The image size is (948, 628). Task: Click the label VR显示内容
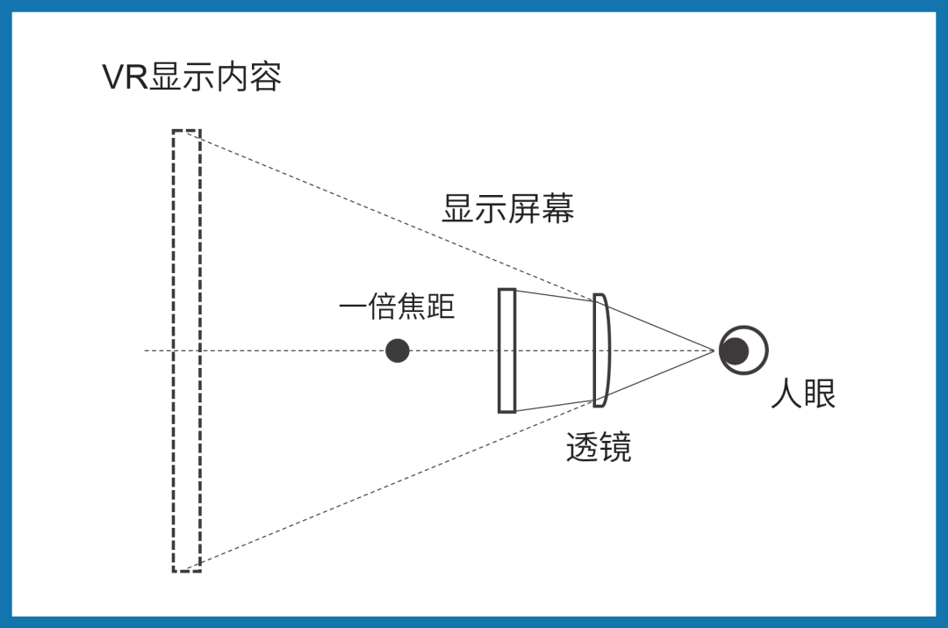pos(191,77)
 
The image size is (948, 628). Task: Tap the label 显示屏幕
pos(507,210)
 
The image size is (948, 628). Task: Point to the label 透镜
pos(599,449)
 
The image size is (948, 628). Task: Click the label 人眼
pos(803,394)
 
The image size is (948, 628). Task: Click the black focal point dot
pos(398,351)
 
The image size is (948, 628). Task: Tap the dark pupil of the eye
pos(734,350)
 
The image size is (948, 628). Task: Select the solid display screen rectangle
pos(506,350)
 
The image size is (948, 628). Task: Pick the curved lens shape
pos(600,350)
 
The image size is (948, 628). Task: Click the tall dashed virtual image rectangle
pos(186,351)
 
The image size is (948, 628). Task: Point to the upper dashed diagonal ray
pos(395,214)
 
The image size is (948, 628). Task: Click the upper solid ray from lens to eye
pos(658,324)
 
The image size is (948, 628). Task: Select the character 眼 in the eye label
pos(820,394)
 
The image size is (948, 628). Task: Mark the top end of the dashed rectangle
pos(186,132)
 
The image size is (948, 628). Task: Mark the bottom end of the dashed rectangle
pos(186,571)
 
